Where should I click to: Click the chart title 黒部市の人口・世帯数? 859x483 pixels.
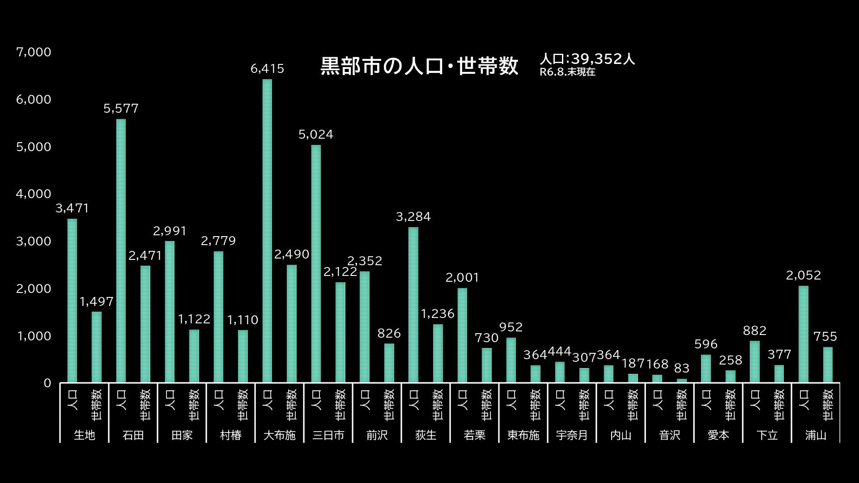tap(419, 66)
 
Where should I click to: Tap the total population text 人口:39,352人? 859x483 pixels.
tap(587, 59)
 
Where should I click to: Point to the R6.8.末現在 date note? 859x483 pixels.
tap(567, 72)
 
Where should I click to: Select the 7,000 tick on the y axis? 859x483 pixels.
tap(34, 52)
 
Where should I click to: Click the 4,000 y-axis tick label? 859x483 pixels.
tap(34, 194)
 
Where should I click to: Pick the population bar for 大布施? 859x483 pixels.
tap(267, 231)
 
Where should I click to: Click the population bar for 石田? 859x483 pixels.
tap(121, 250)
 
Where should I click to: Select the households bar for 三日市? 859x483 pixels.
tap(340, 332)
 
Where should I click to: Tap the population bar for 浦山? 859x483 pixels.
tap(804, 334)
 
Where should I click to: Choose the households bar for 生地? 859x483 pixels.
tap(97, 347)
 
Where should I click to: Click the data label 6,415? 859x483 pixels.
tap(267, 69)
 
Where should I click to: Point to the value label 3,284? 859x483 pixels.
tap(413, 217)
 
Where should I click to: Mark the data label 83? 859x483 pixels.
tap(681, 369)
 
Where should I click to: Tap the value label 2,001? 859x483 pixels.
tap(462, 278)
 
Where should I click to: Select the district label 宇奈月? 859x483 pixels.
tap(572, 435)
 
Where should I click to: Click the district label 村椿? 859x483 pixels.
tap(230, 435)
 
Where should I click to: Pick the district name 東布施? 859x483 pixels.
tap(523, 435)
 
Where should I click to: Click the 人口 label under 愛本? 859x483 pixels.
tap(706, 400)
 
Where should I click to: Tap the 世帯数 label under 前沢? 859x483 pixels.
tap(389, 404)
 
